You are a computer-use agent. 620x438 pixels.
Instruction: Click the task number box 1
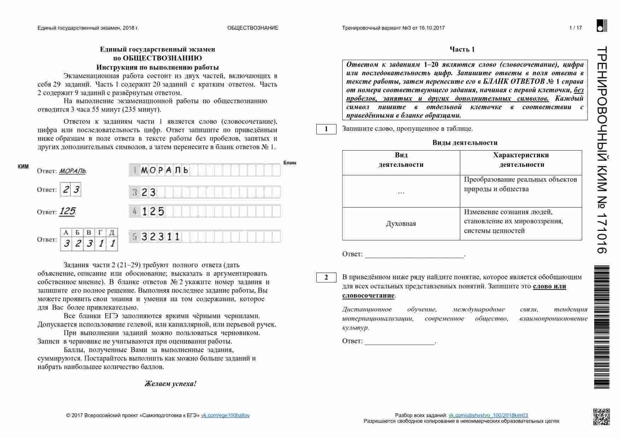[326, 129]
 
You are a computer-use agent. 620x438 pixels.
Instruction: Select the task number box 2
[326, 278]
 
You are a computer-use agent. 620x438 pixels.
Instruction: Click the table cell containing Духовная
[401, 224]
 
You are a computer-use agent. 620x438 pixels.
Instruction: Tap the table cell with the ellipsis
[401, 191]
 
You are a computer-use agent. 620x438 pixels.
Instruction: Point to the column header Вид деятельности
[401, 160]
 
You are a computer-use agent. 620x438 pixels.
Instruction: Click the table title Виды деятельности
[464, 143]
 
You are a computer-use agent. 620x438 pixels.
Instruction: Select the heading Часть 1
[462, 49]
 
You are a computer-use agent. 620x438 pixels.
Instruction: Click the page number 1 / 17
[575, 28]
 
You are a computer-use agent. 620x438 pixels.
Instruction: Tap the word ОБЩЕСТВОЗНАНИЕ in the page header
[253, 28]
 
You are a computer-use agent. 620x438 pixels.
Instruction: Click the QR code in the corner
[601, 416]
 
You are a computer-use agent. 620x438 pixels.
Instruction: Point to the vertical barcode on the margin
[601, 327]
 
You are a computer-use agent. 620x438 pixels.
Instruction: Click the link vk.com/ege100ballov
[225, 415]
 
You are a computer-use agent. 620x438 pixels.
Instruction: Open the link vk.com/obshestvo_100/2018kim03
[488, 415]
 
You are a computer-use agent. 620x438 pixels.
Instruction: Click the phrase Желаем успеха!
[170, 384]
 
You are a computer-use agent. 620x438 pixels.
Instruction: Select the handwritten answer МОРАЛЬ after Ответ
[72, 171]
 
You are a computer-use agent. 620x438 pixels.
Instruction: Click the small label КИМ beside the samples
[23, 167]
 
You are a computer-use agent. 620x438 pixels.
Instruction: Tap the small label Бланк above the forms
[290, 163]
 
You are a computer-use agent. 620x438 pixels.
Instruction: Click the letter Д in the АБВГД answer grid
[112, 233]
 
